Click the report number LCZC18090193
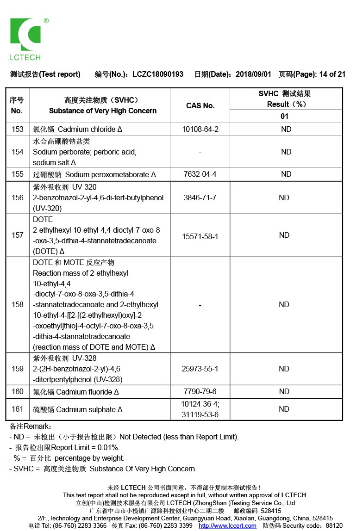(158, 74)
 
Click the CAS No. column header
(200, 105)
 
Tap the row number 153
(18, 129)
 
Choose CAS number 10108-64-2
(200, 129)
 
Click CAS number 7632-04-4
(200, 174)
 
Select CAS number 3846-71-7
(200, 198)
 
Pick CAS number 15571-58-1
(200, 236)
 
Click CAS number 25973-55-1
(200, 369)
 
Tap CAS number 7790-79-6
(200, 392)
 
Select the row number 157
(18, 235)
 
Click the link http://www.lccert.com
(227, 526)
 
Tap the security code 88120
(334, 526)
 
